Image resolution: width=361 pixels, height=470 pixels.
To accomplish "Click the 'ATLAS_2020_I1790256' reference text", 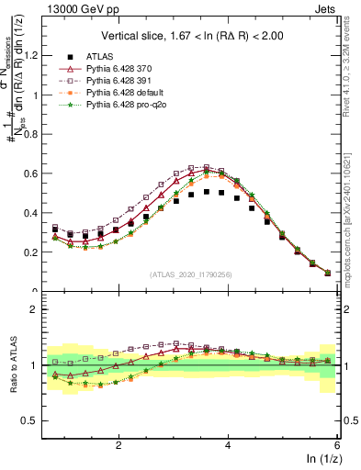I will tap(190, 274).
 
